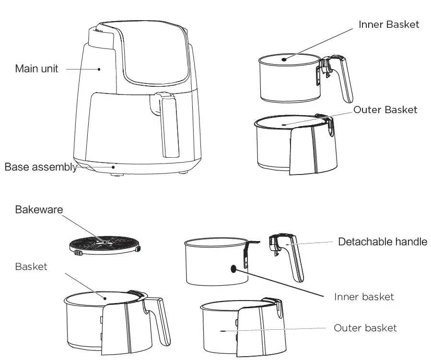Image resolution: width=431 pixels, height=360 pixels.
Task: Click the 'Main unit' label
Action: coord(36,69)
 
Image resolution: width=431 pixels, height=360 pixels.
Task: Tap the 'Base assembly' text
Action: coord(40,167)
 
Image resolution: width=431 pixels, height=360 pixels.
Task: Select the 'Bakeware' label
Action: coord(39,209)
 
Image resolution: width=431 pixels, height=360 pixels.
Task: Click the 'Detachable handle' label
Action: coord(382,242)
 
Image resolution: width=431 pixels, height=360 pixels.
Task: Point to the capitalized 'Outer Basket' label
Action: coord(385,110)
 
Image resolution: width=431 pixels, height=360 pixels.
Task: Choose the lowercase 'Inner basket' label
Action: coord(363,297)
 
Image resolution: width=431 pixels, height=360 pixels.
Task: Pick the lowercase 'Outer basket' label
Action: coord(365,328)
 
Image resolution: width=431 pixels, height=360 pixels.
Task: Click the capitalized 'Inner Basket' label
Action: coord(388,24)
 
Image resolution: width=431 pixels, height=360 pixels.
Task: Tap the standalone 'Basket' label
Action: coord(31,267)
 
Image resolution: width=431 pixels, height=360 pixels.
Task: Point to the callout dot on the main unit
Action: coord(99,69)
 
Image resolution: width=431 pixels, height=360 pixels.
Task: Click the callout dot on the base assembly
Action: coord(113,167)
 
